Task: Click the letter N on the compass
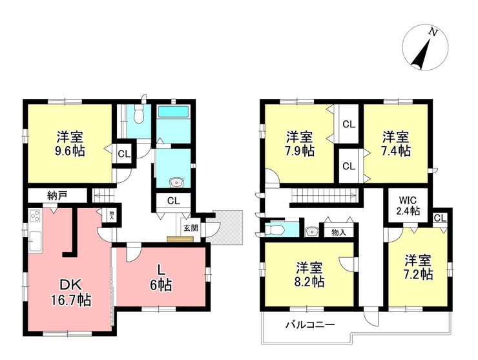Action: pyautogui.click(x=432, y=32)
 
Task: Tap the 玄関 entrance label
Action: pyautogui.click(x=191, y=228)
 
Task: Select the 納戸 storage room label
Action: pyautogui.click(x=57, y=196)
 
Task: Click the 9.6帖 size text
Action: pyautogui.click(x=70, y=151)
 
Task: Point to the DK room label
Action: pyautogui.click(x=70, y=285)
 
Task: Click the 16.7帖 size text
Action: pyautogui.click(x=70, y=300)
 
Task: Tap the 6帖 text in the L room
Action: pyautogui.click(x=161, y=285)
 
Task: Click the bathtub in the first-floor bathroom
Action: pyautogui.click(x=174, y=112)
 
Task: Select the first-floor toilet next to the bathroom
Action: pyautogui.click(x=139, y=114)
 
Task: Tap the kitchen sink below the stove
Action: pyautogui.click(x=35, y=241)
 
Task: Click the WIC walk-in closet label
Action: pyautogui.click(x=408, y=200)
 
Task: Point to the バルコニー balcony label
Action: pyautogui.click(x=310, y=324)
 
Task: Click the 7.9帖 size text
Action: pyautogui.click(x=300, y=151)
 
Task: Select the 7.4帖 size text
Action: pyautogui.click(x=396, y=151)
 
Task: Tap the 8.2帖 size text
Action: pyautogui.click(x=309, y=282)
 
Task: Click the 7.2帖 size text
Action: pyautogui.click(x=418, y=275)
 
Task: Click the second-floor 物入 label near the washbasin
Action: pyautogui.click(x=338, y=233)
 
